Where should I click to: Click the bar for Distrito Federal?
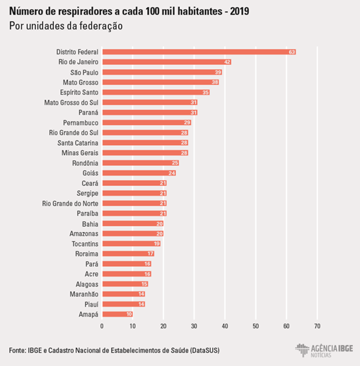click(198, 52)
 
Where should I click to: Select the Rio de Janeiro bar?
click(166, 62)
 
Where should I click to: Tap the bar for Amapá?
click(117, 314)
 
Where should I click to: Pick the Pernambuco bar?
click(146, 122)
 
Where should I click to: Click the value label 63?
click(292, 52)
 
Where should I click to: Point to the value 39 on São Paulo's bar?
click(218, 72)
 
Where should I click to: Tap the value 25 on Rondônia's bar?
click(175, 162)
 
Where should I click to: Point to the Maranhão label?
click(84, 294)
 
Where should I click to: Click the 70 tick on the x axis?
click(317, 326)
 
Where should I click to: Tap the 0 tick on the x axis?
click(102, 326)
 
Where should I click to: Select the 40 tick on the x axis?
click(225, 326)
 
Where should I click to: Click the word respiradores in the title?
click(86, 11)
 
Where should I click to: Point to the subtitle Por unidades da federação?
click(65, 26)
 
